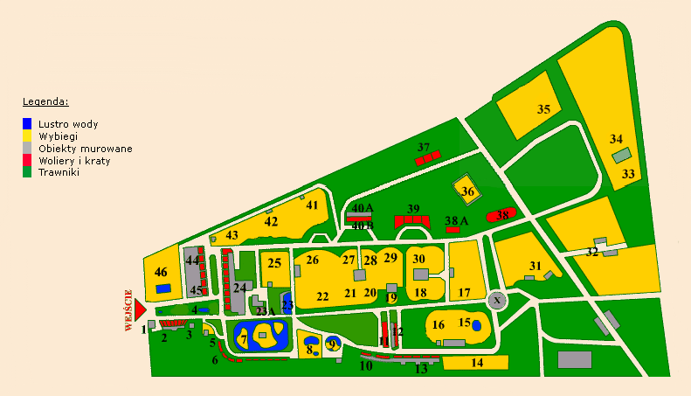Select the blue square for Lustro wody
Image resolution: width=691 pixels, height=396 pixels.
pyautogui.click(x=27, y=124)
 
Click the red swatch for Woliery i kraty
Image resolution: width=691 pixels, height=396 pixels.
pyautogui.click(x=27, y=160)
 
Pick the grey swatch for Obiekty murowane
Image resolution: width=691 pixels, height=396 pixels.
pyautogui.click(x=27, y=149)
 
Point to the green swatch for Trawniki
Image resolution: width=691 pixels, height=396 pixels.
pyautogui.click(x=27, y=172)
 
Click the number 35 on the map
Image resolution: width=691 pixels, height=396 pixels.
pyautogui.click(x=543, y=109)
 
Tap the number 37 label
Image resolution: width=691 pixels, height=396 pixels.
pyautogui.click(x=425, y=147)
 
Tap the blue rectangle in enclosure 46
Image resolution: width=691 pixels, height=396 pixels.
pyautogui.click(x=163, y=288)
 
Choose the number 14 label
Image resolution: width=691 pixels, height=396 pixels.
pyautogui.click(x=477, y=362)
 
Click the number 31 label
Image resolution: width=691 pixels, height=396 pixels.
pyautogui.click(x=536, y=266)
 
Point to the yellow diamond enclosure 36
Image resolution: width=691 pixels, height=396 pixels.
pyautogui.click(x=467, y=191)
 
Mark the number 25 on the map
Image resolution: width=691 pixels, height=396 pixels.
pyautogui.click(x=274, y=262)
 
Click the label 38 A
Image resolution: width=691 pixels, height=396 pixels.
pyautogui.click(x=457, y=220)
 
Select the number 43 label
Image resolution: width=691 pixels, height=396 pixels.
pyautogui.click(x=231, y=235)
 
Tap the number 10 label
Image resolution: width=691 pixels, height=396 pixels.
pyautogui.click(x=365, y=365)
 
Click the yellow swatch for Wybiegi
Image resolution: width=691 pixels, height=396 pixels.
pyautogui.click(x=27, y=136)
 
